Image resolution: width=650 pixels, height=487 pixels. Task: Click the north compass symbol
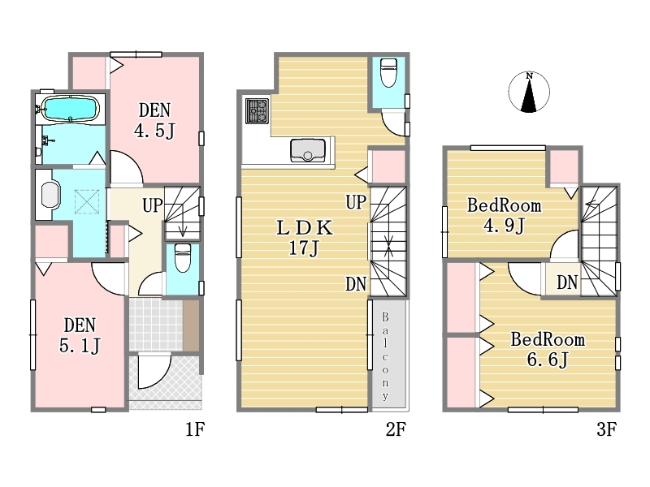tap(529, 93)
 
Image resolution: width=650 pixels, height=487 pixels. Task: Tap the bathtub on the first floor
tap(71, 109)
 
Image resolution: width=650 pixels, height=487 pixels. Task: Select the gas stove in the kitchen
tap(257, 111)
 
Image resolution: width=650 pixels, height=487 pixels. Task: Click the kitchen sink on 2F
tap(308, 150)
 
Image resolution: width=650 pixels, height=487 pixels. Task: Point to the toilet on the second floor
tap(388, 72)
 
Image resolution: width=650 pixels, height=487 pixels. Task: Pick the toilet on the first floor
tap(182, 256)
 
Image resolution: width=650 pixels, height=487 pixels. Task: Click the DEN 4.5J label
tap(154, 120)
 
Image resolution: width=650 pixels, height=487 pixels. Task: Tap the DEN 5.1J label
tap(80, 335)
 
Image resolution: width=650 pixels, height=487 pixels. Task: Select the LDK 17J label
tap(304, 238)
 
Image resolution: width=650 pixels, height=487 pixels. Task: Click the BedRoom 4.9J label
tap(504, 215)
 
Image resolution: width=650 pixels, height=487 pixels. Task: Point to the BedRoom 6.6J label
tap(548, 350)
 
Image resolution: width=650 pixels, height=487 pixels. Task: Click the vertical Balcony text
tap(385, 356)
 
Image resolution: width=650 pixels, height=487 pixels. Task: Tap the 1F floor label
tap(195, 429)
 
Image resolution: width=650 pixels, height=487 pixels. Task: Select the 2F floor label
tap(396, 429)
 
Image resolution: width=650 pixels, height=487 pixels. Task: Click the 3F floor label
tap(607, 429)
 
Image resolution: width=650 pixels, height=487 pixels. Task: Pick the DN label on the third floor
tap(567, 282)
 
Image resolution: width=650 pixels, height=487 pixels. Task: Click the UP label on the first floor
tap(153, 205)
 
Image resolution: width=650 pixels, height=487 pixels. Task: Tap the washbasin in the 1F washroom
tap(50, 195)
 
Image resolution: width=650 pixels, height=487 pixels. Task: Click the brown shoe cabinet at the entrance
tap(191, 325)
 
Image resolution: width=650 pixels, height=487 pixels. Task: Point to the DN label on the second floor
tap(356, 284)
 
